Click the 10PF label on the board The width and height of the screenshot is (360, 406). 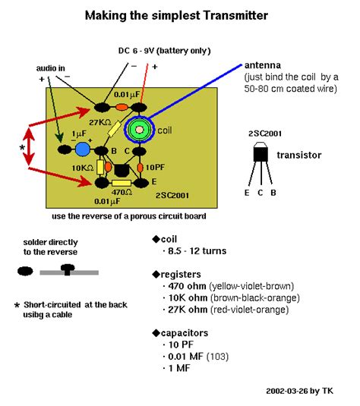tap(154, 166)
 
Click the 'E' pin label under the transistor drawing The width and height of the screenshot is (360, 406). tap(248, 193)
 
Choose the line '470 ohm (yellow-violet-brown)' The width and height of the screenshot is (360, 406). tap(229, 286)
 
